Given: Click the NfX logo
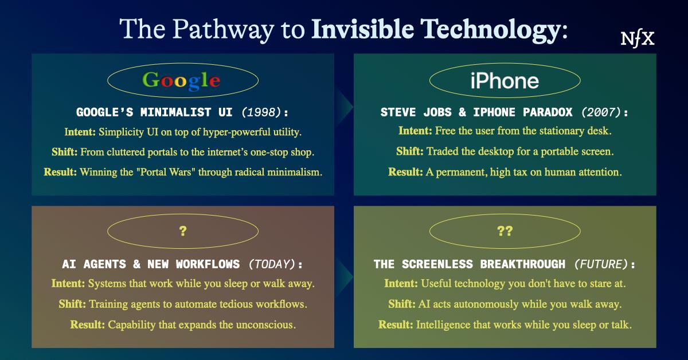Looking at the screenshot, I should pyautogui.click(x=638, y=38).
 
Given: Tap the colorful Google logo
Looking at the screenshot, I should pyautogui.click(x=181, y=80).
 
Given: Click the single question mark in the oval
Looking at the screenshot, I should pyautogui.click(x=182, y=232).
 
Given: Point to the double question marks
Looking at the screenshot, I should pyautogui.click(x=505, y=232).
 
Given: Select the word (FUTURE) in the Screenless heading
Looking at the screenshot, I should pyautogui.click(x=600, y=264).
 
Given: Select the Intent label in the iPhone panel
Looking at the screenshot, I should pyautogui.click(x=415, y=131).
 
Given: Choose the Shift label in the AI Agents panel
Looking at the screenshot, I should pyautogui.click(x=71, y=304).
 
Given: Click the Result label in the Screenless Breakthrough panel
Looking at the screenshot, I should pyautogui.click(x=395, y=324).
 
